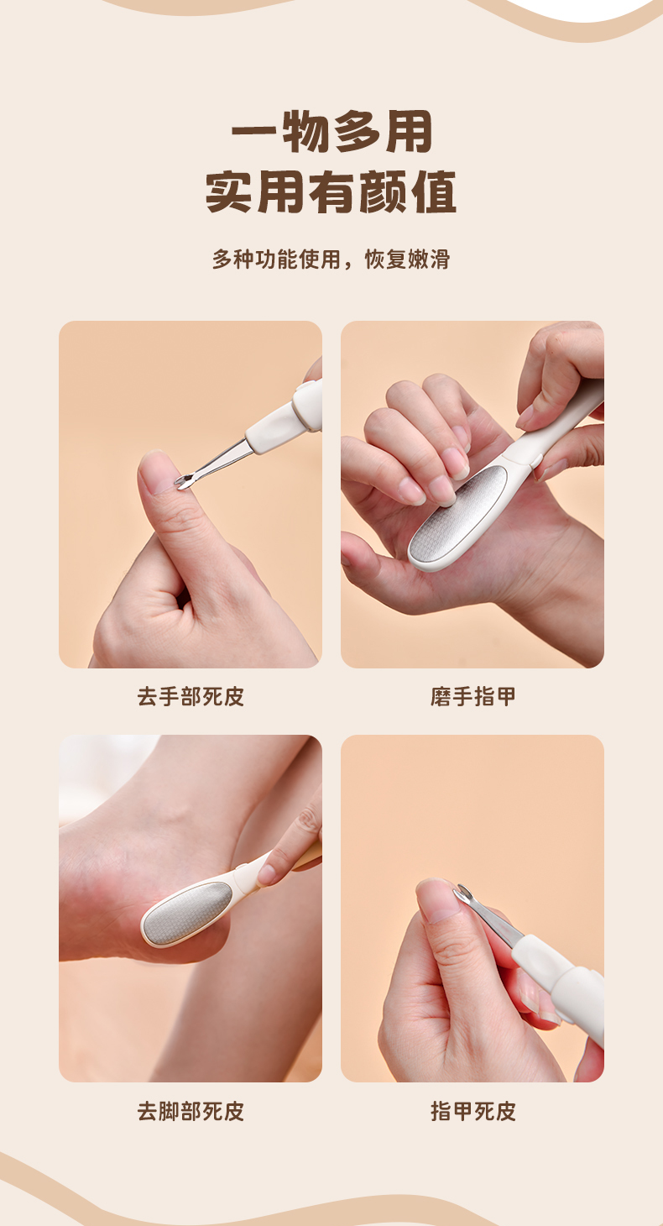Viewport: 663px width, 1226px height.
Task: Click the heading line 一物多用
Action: pos(331,131)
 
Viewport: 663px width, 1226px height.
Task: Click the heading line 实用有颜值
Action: pos(331,191)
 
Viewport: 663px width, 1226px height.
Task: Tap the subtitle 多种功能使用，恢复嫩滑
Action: pos(331,259)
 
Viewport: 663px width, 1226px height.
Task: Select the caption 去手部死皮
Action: pos(191,697)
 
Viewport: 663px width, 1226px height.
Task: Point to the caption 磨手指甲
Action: pos(472,697)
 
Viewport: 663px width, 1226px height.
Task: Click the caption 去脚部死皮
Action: pos(191,1112)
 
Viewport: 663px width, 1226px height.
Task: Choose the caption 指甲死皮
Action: pos(472,1112)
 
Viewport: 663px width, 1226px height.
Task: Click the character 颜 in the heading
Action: pos(383,191)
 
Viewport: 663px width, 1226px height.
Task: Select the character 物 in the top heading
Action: pos(305,131)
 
